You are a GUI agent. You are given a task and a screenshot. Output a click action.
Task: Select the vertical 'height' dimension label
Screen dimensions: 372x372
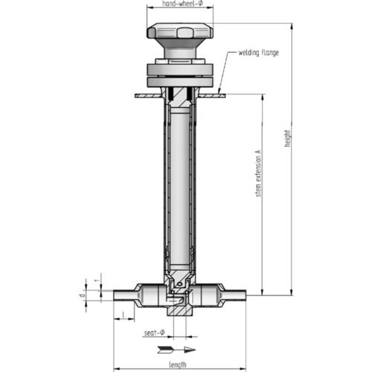(x=288, y=138)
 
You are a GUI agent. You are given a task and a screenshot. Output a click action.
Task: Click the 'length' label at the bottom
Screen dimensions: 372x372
(x=177, y=364)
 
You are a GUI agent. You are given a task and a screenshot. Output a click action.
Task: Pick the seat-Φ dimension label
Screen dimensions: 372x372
(x=153, y=331)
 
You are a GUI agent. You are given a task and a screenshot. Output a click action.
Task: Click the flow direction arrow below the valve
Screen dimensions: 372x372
(x=179, y=349)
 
